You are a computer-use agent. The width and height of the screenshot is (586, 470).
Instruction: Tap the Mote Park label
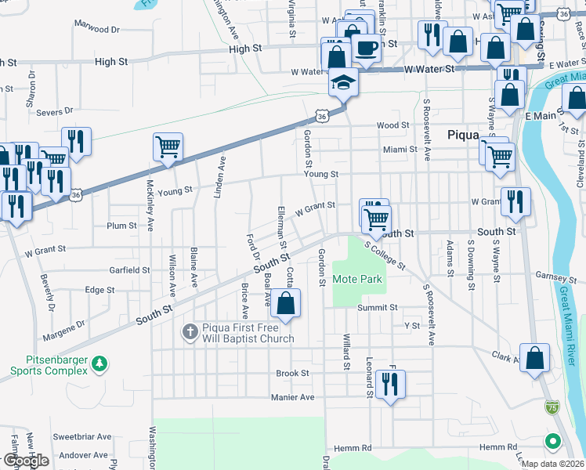(356, 279)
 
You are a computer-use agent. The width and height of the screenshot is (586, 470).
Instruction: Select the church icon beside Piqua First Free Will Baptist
(189, 331)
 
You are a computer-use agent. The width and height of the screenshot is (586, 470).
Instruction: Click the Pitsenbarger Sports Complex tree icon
(99, 363)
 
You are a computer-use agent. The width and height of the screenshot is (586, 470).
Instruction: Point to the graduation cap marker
(342, 81)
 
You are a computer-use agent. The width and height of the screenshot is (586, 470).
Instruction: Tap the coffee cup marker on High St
(366, 48)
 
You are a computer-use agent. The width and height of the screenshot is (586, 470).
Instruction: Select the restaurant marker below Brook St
(386, 384)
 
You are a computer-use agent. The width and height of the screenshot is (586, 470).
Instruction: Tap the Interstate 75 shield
(553, 407)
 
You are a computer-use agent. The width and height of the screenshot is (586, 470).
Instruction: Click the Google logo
(25, 461)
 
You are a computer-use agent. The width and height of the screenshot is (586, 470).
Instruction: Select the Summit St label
(378, 308)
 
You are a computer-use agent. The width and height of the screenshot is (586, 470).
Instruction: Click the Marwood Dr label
(96, 29)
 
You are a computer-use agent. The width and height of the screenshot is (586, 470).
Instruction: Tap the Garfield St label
(129, 269)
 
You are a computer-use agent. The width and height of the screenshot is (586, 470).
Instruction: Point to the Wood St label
(392, 125)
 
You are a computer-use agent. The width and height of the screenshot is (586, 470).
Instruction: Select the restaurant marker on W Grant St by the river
(515, 201)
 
